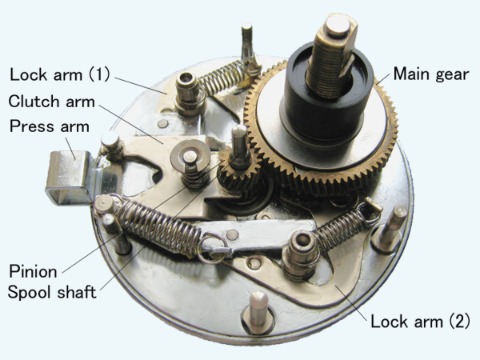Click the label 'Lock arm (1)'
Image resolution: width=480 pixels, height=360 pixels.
tap(60, 74)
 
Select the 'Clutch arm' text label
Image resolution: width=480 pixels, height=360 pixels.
tap(52, 102)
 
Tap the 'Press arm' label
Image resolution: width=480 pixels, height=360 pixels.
tap(50, 126)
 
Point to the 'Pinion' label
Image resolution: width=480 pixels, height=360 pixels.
tap(33, 271)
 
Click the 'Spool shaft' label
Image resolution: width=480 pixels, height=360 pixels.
tap(52, 292)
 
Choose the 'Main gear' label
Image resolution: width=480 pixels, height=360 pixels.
tap(431, 74)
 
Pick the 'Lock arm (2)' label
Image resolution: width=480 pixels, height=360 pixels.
tap(420, 322)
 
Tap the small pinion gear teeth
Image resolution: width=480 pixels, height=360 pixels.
tap(240, 175)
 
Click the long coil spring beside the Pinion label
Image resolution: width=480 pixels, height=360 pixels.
tap(159, 225)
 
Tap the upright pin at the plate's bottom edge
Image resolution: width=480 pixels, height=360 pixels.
tap(258, 311)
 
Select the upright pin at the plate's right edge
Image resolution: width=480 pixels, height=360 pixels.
tap(390, 228)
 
